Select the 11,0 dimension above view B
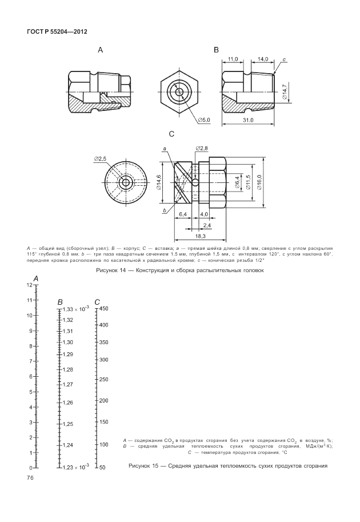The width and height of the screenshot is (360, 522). tap(233, 59)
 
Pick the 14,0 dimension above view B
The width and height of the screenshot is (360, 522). tap(263, 59)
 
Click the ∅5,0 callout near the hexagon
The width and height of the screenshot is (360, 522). tap(204, 120)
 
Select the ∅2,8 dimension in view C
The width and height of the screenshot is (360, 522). tap(202, 149)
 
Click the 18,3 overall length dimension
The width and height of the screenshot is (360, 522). tap(199, 236)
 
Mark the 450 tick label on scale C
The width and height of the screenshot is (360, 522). tap(103, 308)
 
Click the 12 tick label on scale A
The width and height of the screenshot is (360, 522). tap(30, 284)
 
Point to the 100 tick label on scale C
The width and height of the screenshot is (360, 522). tap(103, 444)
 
